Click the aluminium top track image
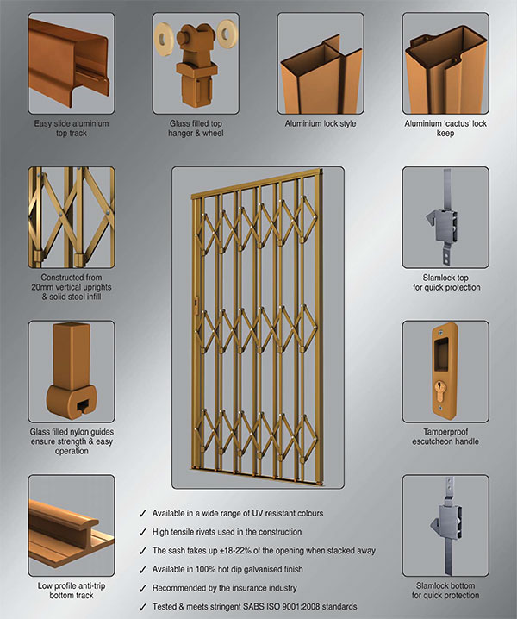(x=71, y=56)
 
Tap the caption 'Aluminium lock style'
(x=321, y=124)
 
